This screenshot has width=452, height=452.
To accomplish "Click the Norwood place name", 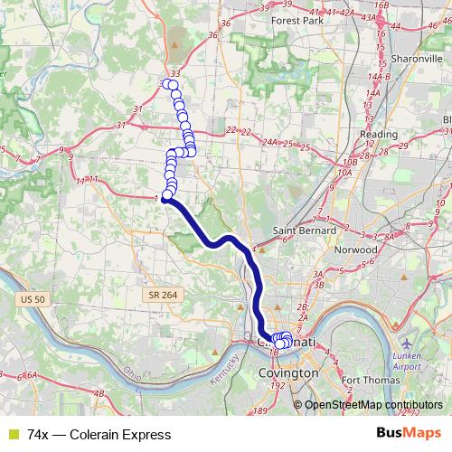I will (x=355, y=249).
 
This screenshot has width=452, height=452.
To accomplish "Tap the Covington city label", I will (x=287, y=372).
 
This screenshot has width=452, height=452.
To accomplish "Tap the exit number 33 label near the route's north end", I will (x=175, y=73).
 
